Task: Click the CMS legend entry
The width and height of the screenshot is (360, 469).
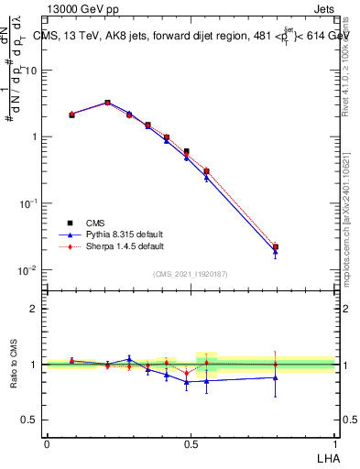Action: point(94,223)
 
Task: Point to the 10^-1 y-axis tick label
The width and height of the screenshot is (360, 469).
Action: point(29,203)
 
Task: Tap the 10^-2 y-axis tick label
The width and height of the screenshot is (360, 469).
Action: point(29,270)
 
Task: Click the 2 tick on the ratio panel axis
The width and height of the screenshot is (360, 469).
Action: point(35,309)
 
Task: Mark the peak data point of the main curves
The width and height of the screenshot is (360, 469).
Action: point(107,103)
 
